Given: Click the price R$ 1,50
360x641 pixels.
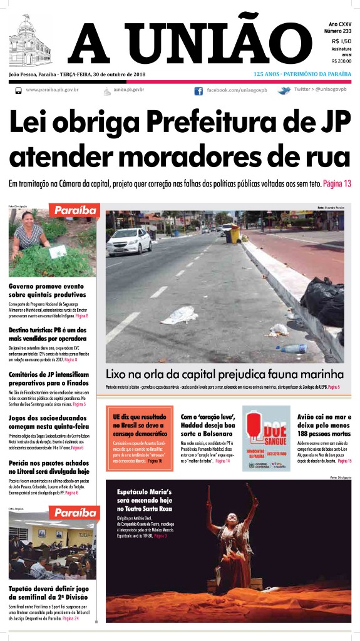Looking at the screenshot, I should point(341,41).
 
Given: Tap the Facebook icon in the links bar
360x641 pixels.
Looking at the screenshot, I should point(198,91).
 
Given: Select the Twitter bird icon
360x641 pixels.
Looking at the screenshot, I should point(284,91).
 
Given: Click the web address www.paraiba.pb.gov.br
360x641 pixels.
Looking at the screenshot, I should point(52,90).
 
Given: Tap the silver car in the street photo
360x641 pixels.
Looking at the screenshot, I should point(129,242).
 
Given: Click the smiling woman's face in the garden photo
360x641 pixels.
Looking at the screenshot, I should point(28,219).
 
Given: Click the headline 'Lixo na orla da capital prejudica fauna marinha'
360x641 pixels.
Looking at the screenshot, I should point(224,374).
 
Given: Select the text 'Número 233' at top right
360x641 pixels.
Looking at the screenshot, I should point(337,31).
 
